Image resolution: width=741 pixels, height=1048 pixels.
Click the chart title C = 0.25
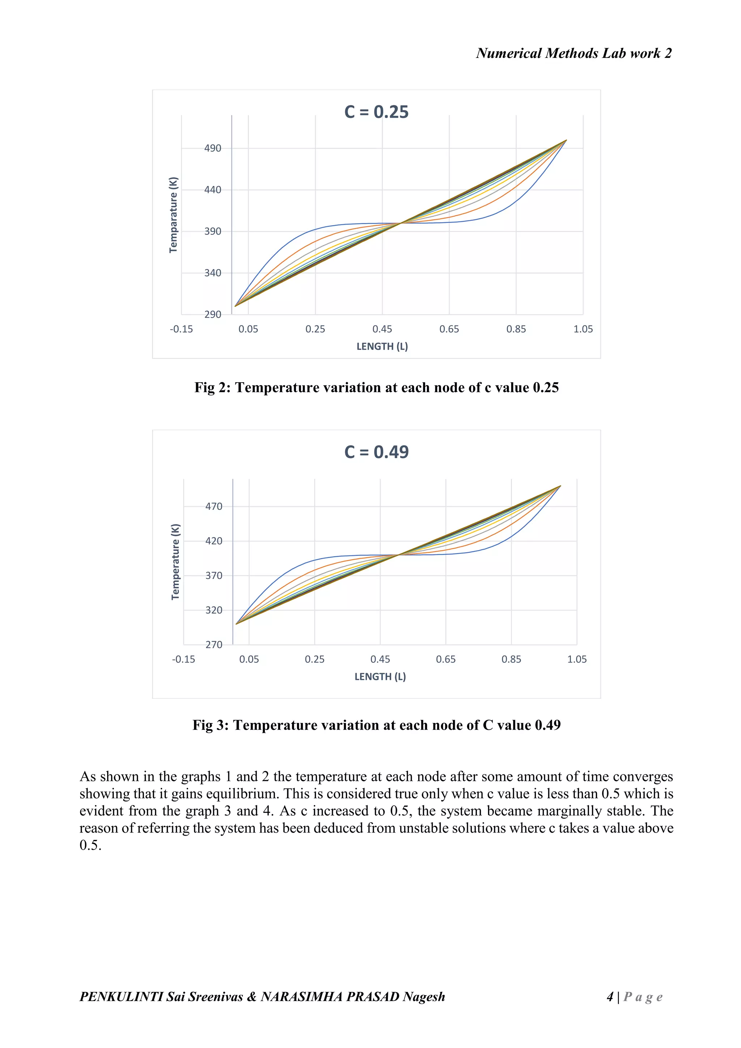click(x=376, y=112)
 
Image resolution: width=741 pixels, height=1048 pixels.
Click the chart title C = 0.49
click(x=376, y=452)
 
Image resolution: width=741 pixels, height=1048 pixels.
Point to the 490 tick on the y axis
click(x=213, y=148)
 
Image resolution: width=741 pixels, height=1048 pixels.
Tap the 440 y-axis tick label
click(x=213, y=190)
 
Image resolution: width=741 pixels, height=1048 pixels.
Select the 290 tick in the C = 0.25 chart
click(x=213, y=314)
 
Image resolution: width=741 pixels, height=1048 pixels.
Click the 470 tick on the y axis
click(x=213, y=507)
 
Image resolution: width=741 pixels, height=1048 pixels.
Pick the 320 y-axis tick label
click(x=213, y=610)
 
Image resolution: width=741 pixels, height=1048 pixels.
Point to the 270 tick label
click(x=213, y=645)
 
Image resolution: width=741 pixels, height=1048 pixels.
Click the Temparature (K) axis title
click(x=173, y=215)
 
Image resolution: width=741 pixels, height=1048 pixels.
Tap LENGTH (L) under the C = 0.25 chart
click(x=382, y=346)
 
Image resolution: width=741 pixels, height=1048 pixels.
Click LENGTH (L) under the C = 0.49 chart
click(x=380, y=676)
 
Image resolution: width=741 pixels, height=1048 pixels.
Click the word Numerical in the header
click(x=509, y=54)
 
